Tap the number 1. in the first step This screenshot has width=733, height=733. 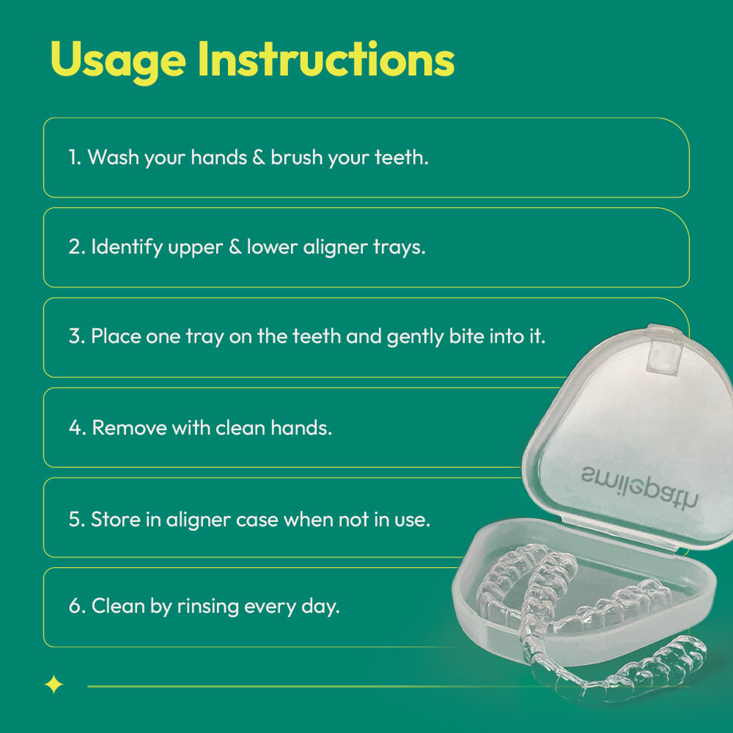pos(75,157)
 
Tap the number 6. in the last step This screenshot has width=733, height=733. pos(78,606)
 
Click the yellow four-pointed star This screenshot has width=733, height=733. pos(54,686)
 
